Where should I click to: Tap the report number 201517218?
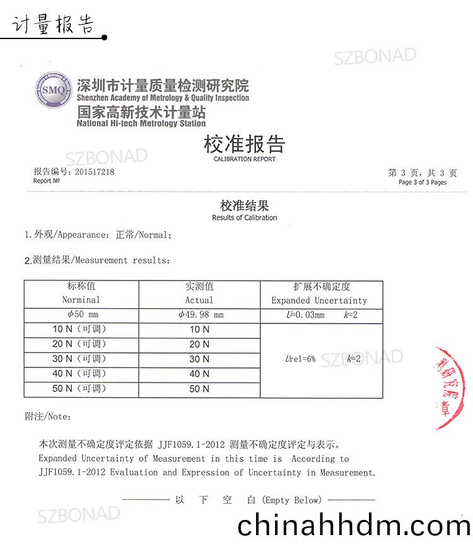pos(95,171)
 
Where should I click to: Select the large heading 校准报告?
pos(244,144)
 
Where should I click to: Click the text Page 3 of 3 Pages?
pos(422,183)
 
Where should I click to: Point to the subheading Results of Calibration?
pos(244,217)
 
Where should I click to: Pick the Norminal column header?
pos(81,300)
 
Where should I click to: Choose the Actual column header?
pos(199,300)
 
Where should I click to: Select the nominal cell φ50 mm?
pos(81,315)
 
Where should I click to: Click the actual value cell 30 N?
pos(199,359)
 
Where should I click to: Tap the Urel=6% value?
pos(300,359)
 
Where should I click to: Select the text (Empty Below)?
pos(291,500)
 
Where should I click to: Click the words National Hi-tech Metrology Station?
pos(141,124)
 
